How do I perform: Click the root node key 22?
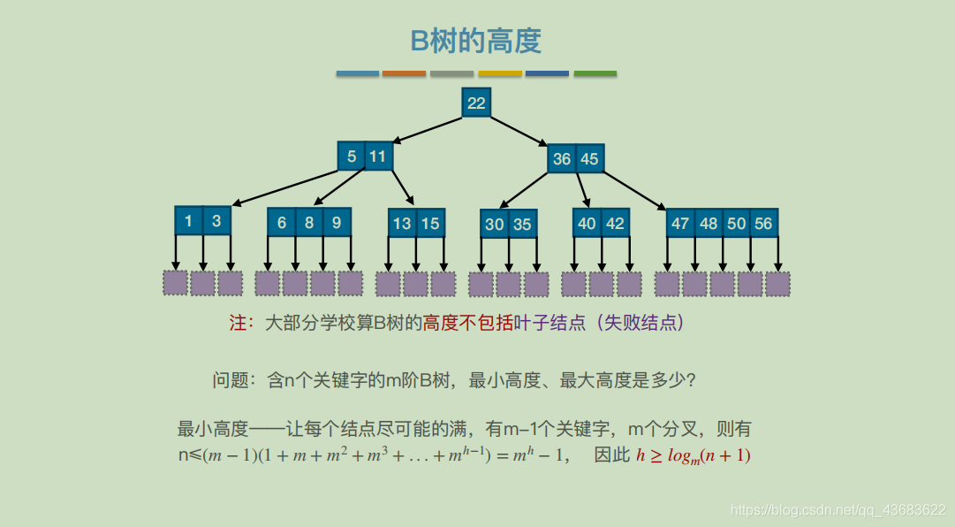(x=476, y=103)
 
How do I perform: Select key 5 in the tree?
(x=352, y=157)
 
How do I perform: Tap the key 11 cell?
(x=378, y=157)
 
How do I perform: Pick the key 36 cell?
(x=562, y=159)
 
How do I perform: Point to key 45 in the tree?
(x=589, y=159)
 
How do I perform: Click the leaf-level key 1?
(x=189, y=221)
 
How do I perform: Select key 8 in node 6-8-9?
(x=309, y=223)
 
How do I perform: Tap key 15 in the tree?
(x=430, y=223)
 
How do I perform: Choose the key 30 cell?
(x=495, y=224)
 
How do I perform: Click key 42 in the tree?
(x=615, y=223)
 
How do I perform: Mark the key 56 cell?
(x=764, y=223)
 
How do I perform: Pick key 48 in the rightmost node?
(x=709, y=223)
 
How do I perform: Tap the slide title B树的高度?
(x=476, y=42)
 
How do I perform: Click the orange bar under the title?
(x=405, y=73)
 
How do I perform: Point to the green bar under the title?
(x=595, y=73)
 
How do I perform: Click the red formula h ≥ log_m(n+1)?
(x=694, y=456)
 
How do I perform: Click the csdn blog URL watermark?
(x=839, y=509)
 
